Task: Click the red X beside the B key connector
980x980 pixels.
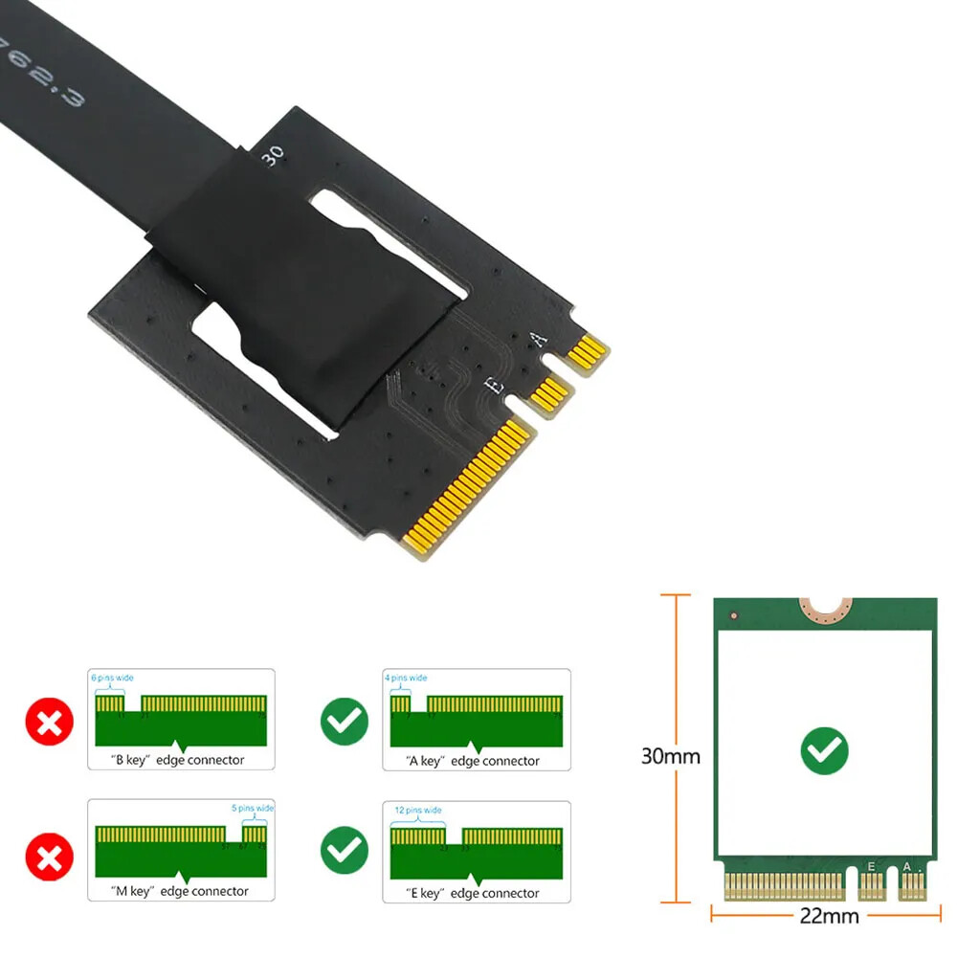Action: [x=50, y=721]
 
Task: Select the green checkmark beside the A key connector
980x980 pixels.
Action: [x=344, y=721]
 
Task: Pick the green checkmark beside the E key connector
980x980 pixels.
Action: [x=344, y=848]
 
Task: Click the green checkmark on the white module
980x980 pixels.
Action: [x=824, y=750]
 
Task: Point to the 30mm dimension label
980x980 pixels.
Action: [x=670, y=756]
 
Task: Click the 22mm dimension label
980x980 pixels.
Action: [x=829, y=916]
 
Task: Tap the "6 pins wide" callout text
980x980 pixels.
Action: [x=113, y=678]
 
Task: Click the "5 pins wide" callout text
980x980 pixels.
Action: [x=252, y=808]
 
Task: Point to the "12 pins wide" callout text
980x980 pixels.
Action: [x=418, y=810]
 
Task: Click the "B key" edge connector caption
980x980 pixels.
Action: [x=179, y=761]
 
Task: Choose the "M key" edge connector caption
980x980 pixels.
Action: [x=181, y=891]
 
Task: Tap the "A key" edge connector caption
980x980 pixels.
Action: [x=474, y=761]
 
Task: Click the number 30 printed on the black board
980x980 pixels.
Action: [x=273, y=156]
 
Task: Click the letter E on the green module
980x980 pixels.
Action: [x=871, y=866]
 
